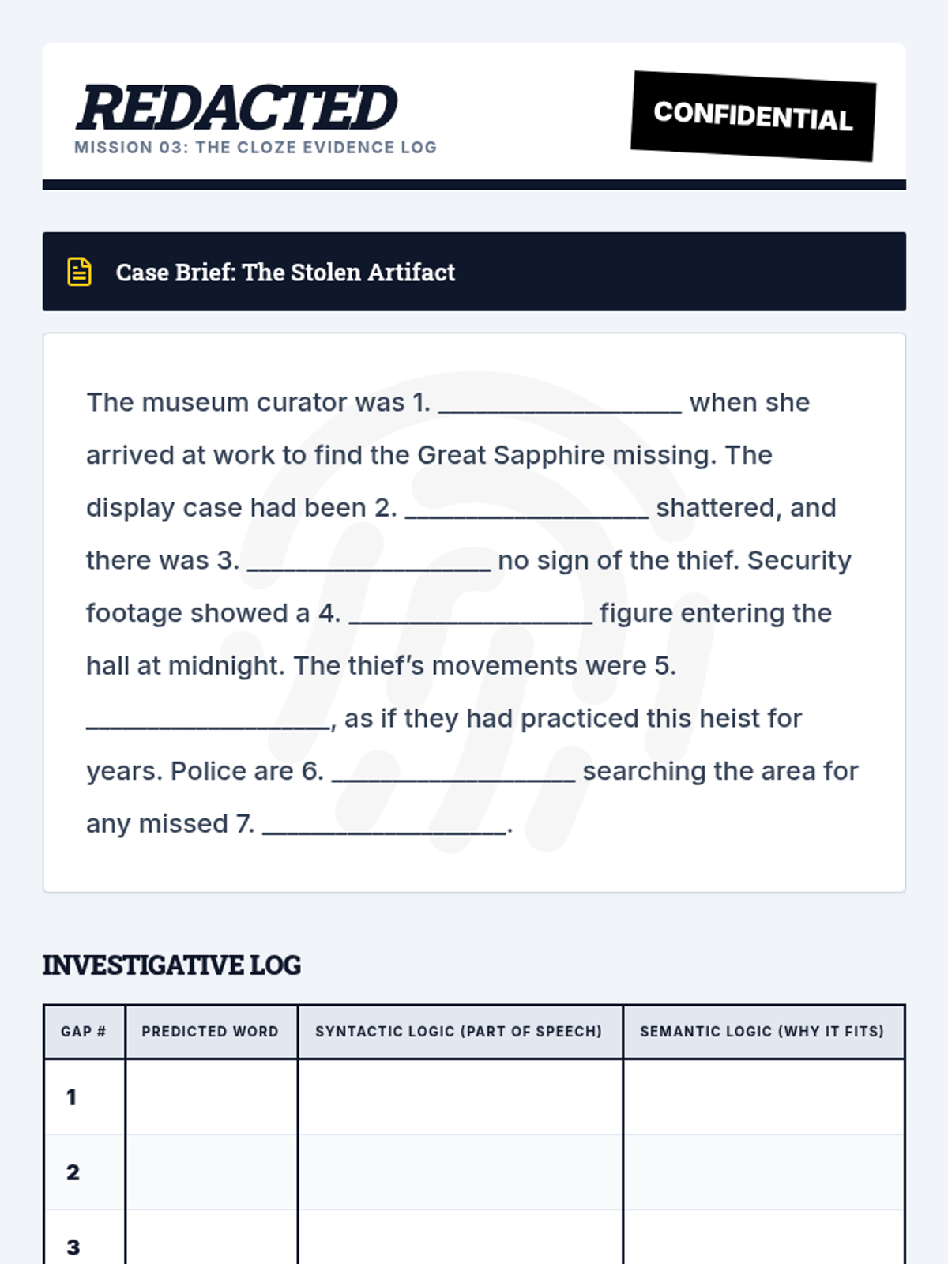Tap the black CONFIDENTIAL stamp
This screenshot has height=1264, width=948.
pos(753,116)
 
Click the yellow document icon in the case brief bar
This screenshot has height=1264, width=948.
pos(79,272)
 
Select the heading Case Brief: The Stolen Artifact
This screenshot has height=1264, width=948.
pos(285,272)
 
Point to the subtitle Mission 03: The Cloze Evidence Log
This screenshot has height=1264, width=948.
pos(255,148)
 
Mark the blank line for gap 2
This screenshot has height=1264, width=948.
pos(526,513)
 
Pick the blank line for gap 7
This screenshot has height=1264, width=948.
pos(384,829)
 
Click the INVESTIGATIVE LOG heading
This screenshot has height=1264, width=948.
pos(171,965)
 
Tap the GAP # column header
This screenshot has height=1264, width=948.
pos(84,1032)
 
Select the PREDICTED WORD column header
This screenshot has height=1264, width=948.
pos(210,1032)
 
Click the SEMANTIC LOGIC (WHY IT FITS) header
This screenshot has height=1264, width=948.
pos(762,1032)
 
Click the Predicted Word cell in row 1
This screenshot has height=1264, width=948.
pos(211,1097)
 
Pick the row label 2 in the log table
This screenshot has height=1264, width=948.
pos(73,1172)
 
